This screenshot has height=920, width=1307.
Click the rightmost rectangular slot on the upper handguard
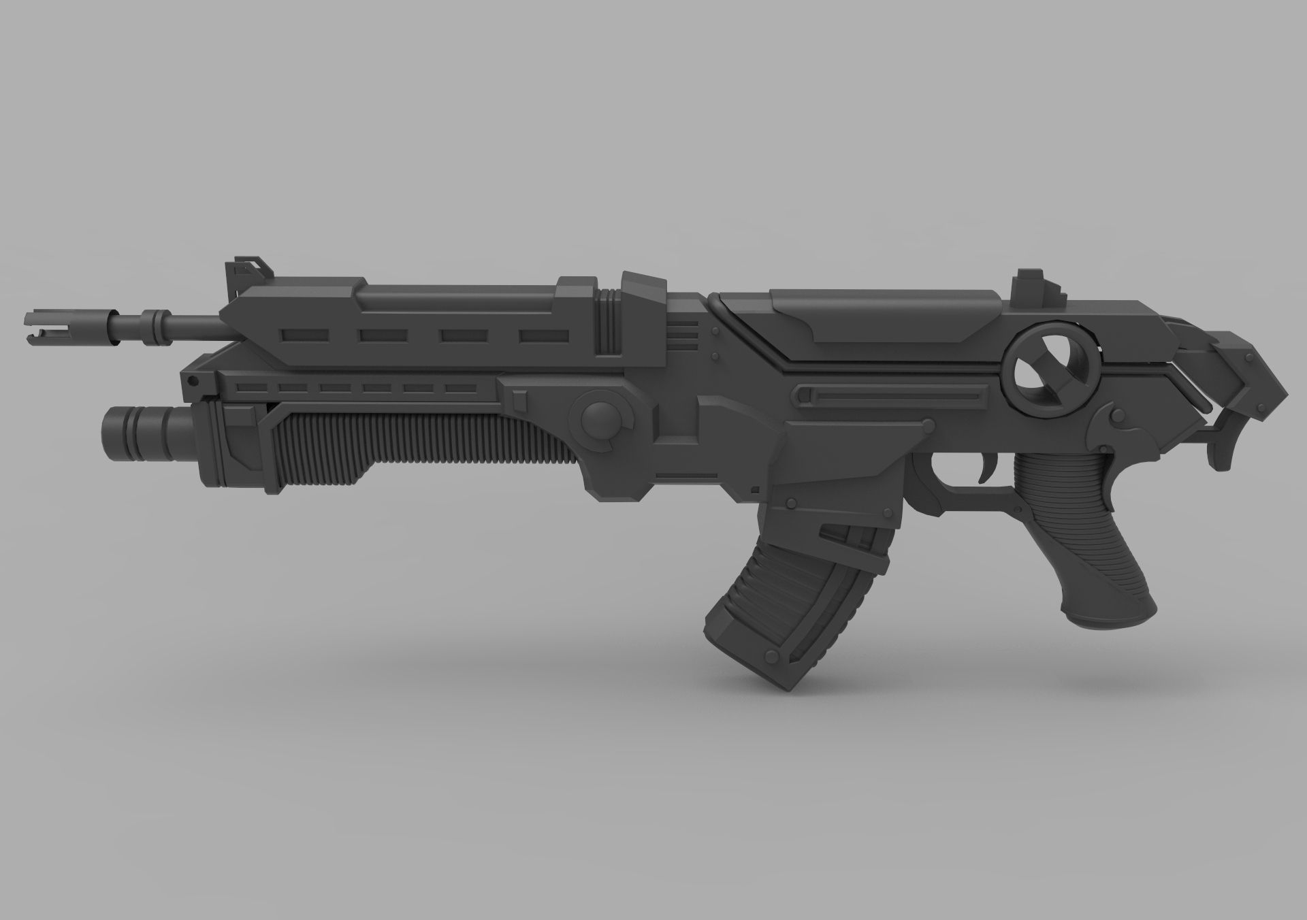pyautogui.click(x=543, y=335)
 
